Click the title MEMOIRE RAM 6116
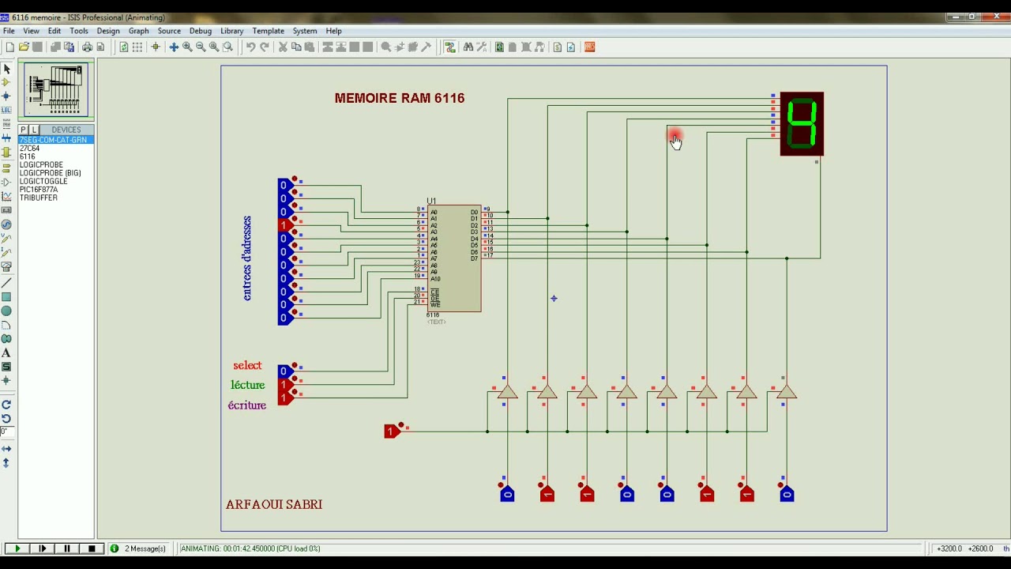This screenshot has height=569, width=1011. [x=399, y=98]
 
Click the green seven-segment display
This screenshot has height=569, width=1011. [x=802, y=124]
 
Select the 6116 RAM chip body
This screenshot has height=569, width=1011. [x=454, y=258]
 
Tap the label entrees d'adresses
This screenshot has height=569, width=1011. [x=247, y=258]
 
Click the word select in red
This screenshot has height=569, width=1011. [x=247, y=365]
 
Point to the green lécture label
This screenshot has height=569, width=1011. [x=247, y=385]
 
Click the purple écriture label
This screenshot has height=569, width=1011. [x=247, y=405]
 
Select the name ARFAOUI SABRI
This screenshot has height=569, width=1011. [x=274, y=504]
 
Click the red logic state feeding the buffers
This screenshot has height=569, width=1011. [x=390, y=431]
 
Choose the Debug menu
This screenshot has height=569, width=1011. [x=200, y=31]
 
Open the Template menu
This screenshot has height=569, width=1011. [x=268, y=31]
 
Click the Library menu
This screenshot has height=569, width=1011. [x=231, y=31]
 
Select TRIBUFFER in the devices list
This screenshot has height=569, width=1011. [x=39, y=198]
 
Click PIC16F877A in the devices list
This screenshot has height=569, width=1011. [x=39, y=190]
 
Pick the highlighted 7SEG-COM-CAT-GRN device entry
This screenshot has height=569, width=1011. [x=53, y=140]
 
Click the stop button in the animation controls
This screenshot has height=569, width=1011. [x=92, y=548]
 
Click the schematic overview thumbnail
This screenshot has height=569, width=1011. [x=56, y=90]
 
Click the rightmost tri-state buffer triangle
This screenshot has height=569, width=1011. [x=786, y=393]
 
